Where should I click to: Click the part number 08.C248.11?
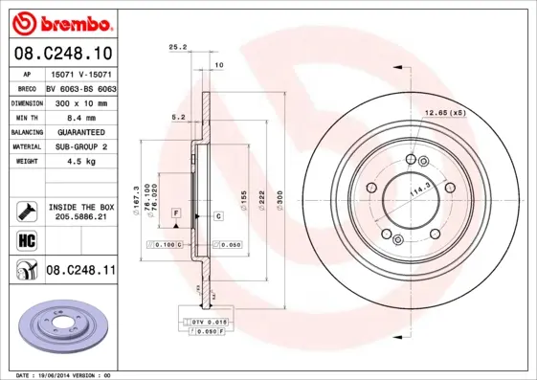pyautogui.click(x=79, y=272)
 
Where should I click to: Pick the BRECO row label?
pyautogui.click(x=28, y=86)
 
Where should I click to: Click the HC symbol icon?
pyautogui.click(x=27, y=240)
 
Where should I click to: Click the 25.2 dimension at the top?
pyautogui.click(x=176, y=46)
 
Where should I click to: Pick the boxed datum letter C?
pyautogui.click(x=217, y=217)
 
